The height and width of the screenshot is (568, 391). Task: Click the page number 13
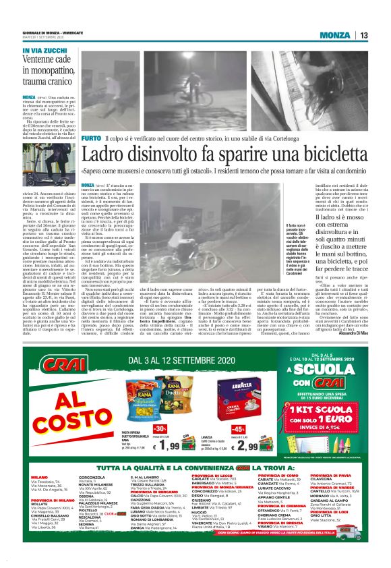coord(363,35)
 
